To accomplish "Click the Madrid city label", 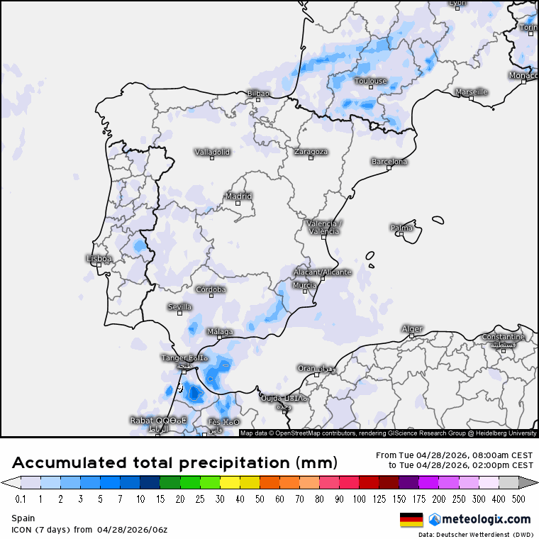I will coord(238,196).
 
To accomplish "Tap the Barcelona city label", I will coord(389,162).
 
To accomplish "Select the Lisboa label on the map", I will coord(99,259).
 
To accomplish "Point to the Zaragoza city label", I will coord(311,152).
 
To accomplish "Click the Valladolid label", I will coord(212,152).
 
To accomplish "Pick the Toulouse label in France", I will coord(371,81).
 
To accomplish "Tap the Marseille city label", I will coord(471,92).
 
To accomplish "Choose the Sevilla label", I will coord(179,307).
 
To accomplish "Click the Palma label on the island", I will coord(401,228).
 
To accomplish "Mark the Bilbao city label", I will coord(258,94).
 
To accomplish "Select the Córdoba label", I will coord(211,289).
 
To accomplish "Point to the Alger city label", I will coord(412,329).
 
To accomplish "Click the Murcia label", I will coord(304,285).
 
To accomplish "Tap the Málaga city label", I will coord(220,331).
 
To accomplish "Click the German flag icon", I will coord(411,520).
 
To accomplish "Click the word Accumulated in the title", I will coord(70,463).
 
